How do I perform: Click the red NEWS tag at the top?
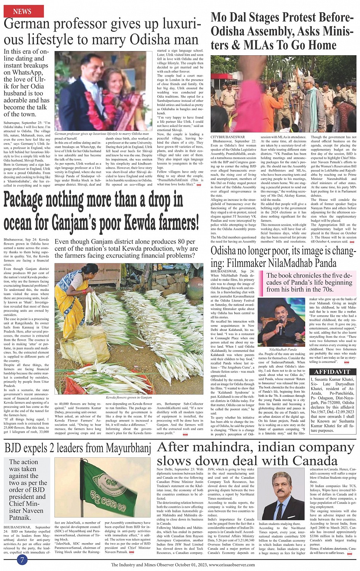coord(22,11)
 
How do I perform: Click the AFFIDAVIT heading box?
coord(332,372)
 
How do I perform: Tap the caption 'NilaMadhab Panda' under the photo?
coord(283,349)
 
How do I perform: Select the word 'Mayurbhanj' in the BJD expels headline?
coord(128,448)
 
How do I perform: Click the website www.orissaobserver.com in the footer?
coord(232,565)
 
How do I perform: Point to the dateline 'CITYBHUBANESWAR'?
coord(228,137)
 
